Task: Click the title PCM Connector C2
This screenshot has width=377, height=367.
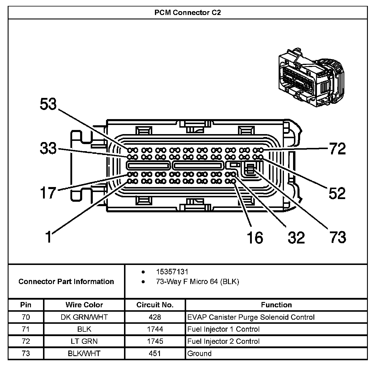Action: (x=188, y=13)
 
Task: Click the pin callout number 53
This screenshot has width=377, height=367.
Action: (x=48, y=104)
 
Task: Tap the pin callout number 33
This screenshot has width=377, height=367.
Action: (x=48, y=148)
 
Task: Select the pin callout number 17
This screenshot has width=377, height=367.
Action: (x=48, y=193)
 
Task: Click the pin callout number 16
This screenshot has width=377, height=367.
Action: (x=255, y=238)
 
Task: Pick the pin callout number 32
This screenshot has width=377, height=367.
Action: (x=296, y=238)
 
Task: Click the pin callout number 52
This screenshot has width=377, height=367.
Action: (x=337, y=193)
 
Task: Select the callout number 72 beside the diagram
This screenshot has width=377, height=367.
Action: (x=338, y=149)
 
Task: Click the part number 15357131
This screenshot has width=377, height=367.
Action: (x=172, y=272)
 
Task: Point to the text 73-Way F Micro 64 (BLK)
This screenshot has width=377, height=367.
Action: (x=197, y=282)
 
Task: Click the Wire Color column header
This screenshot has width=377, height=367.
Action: (x=84, y=305)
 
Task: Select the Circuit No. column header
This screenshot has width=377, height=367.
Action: (x=155, y=305)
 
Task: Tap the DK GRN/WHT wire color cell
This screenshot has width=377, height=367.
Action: (x=84, y=317)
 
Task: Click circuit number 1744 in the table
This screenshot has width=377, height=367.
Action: (x=155, y=329)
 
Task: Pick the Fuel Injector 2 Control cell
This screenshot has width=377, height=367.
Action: (x=223, y=341)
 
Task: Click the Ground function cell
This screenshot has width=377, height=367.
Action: (x=199, y=353)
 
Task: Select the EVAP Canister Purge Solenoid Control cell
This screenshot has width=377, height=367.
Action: (x=251, y=317)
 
